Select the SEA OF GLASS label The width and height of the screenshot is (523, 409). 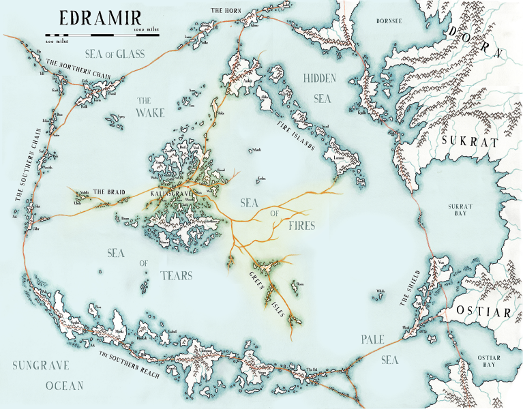[x=113, y=54]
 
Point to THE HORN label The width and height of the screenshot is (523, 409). [x=225, y=11]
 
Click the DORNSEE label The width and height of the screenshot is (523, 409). [x=390, y=20]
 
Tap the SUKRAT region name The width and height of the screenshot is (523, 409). [x=470, y=142]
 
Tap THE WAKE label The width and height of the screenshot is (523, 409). [x=150, y=106]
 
